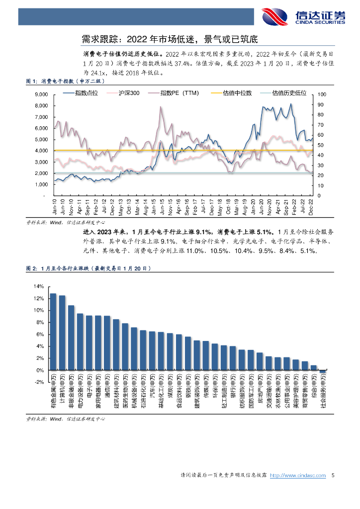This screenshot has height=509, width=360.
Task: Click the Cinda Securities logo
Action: coord(303,16)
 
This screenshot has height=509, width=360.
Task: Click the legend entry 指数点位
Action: coord(87,93)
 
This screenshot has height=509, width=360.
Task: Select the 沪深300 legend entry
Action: coord(128,93)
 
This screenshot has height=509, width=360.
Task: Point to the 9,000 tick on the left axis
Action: coord(41,94)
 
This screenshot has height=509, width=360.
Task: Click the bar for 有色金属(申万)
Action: coord(53,332)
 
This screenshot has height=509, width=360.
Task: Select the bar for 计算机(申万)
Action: coord(62,333)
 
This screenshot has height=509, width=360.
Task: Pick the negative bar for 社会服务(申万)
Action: coord(322,372)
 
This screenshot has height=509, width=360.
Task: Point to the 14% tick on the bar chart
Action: coord(39,286)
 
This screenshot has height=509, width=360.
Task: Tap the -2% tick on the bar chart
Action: coord(39,382)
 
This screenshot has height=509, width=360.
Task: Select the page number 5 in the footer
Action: coord(333,476)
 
